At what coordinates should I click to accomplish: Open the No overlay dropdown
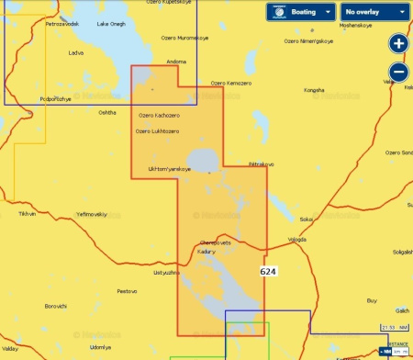(x=374, y=12)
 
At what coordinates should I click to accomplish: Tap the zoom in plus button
(x=398, y=43)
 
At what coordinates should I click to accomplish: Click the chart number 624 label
(x=268, y=272)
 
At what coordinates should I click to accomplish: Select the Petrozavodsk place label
(x=62, y=25)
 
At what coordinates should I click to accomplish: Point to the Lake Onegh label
(x=111, y=25)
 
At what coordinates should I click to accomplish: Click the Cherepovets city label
(x=215, y=242)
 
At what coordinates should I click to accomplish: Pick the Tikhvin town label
(x=27, y=213)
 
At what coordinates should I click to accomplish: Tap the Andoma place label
(x=176, y=62)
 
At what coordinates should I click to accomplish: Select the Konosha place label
(x=314, y=90)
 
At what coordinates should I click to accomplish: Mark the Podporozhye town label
(x=55, y=98)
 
